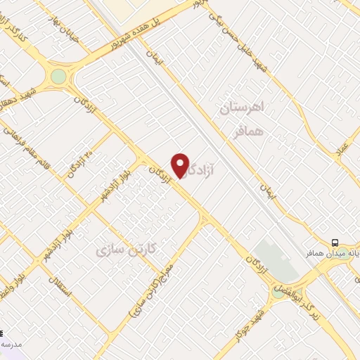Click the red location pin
tap(181, 166)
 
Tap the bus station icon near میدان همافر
tap(336, 241)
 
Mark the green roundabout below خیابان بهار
tap(58, 76)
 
